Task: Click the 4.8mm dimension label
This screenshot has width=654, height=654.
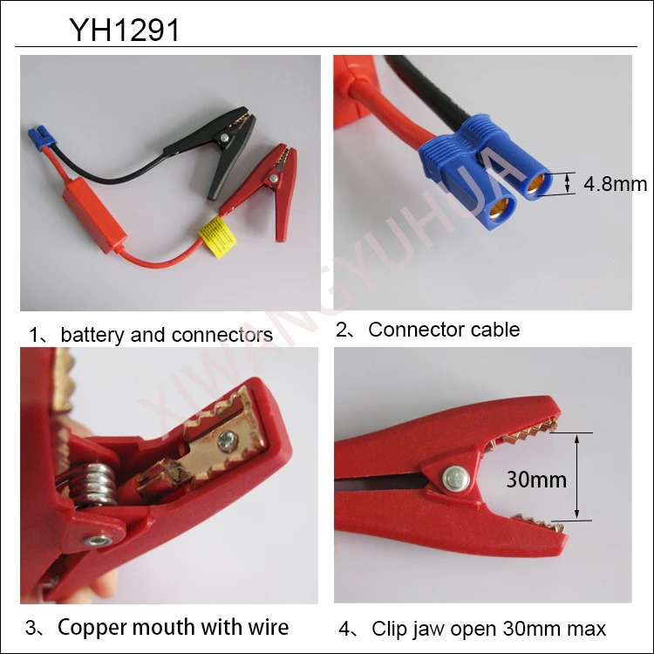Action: (615, 183)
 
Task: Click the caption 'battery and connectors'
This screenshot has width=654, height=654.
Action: (166, 335)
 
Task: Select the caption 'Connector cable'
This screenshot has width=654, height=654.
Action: (444, 330)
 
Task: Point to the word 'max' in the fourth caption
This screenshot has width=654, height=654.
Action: (587, 628)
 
